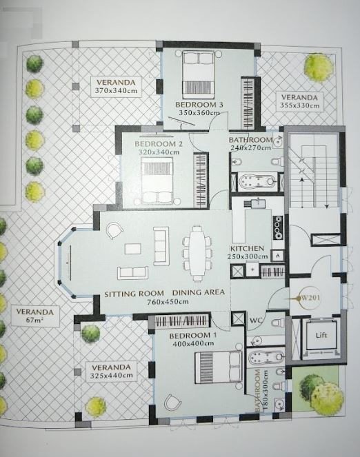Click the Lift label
pos(321,335)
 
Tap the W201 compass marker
pos(307,298)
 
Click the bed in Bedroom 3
pos(199,74)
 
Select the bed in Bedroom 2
pos(157,180)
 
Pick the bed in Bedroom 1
pos(219,367)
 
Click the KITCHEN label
pos(247,249)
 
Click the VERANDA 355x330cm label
pos(299,101)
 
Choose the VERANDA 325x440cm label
pos(111,372)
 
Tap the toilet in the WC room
pos(278,322)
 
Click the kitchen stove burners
pos(278,227)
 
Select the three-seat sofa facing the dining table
pos(161,245)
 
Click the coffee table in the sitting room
pos(132,249)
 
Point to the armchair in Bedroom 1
pos(172,403)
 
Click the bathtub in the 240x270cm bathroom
pos(257,181)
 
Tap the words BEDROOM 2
pos(159,144)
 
